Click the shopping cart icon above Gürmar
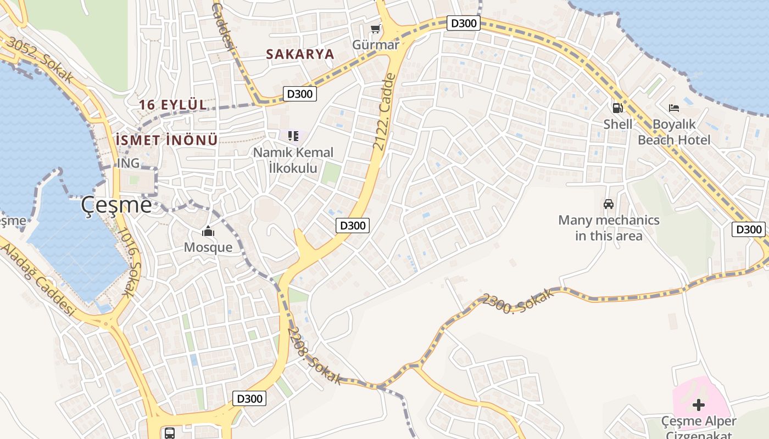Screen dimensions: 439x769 coord(375,29)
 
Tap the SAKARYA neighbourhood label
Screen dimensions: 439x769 coord(300,54)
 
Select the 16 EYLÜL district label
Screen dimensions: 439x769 coord(173,104)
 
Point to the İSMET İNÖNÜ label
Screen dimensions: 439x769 coord(167,140)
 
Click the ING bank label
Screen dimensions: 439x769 coord(128,163)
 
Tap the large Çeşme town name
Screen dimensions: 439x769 coord(116,205)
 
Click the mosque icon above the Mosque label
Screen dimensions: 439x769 coord(208,231)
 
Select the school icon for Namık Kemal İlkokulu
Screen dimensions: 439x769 coord(293,136)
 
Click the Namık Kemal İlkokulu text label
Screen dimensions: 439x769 coord(293,160)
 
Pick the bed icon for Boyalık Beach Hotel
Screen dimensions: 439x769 coord(674,108)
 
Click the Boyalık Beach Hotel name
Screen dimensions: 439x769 coord(674,132)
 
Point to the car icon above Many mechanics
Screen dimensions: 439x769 coord(609,204)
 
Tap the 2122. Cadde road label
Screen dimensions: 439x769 coord(384,112)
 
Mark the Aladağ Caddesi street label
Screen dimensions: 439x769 coord(37,279)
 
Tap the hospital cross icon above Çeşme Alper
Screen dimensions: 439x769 coord(699,405)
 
